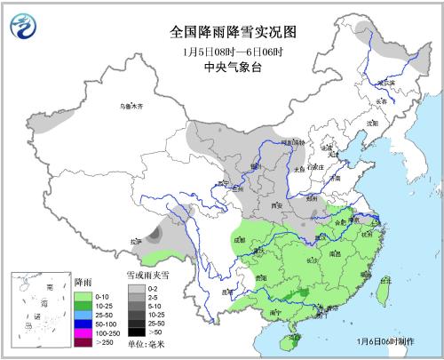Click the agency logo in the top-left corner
[20, 28]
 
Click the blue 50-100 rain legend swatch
[83, 323]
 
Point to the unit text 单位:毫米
[147, 343]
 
